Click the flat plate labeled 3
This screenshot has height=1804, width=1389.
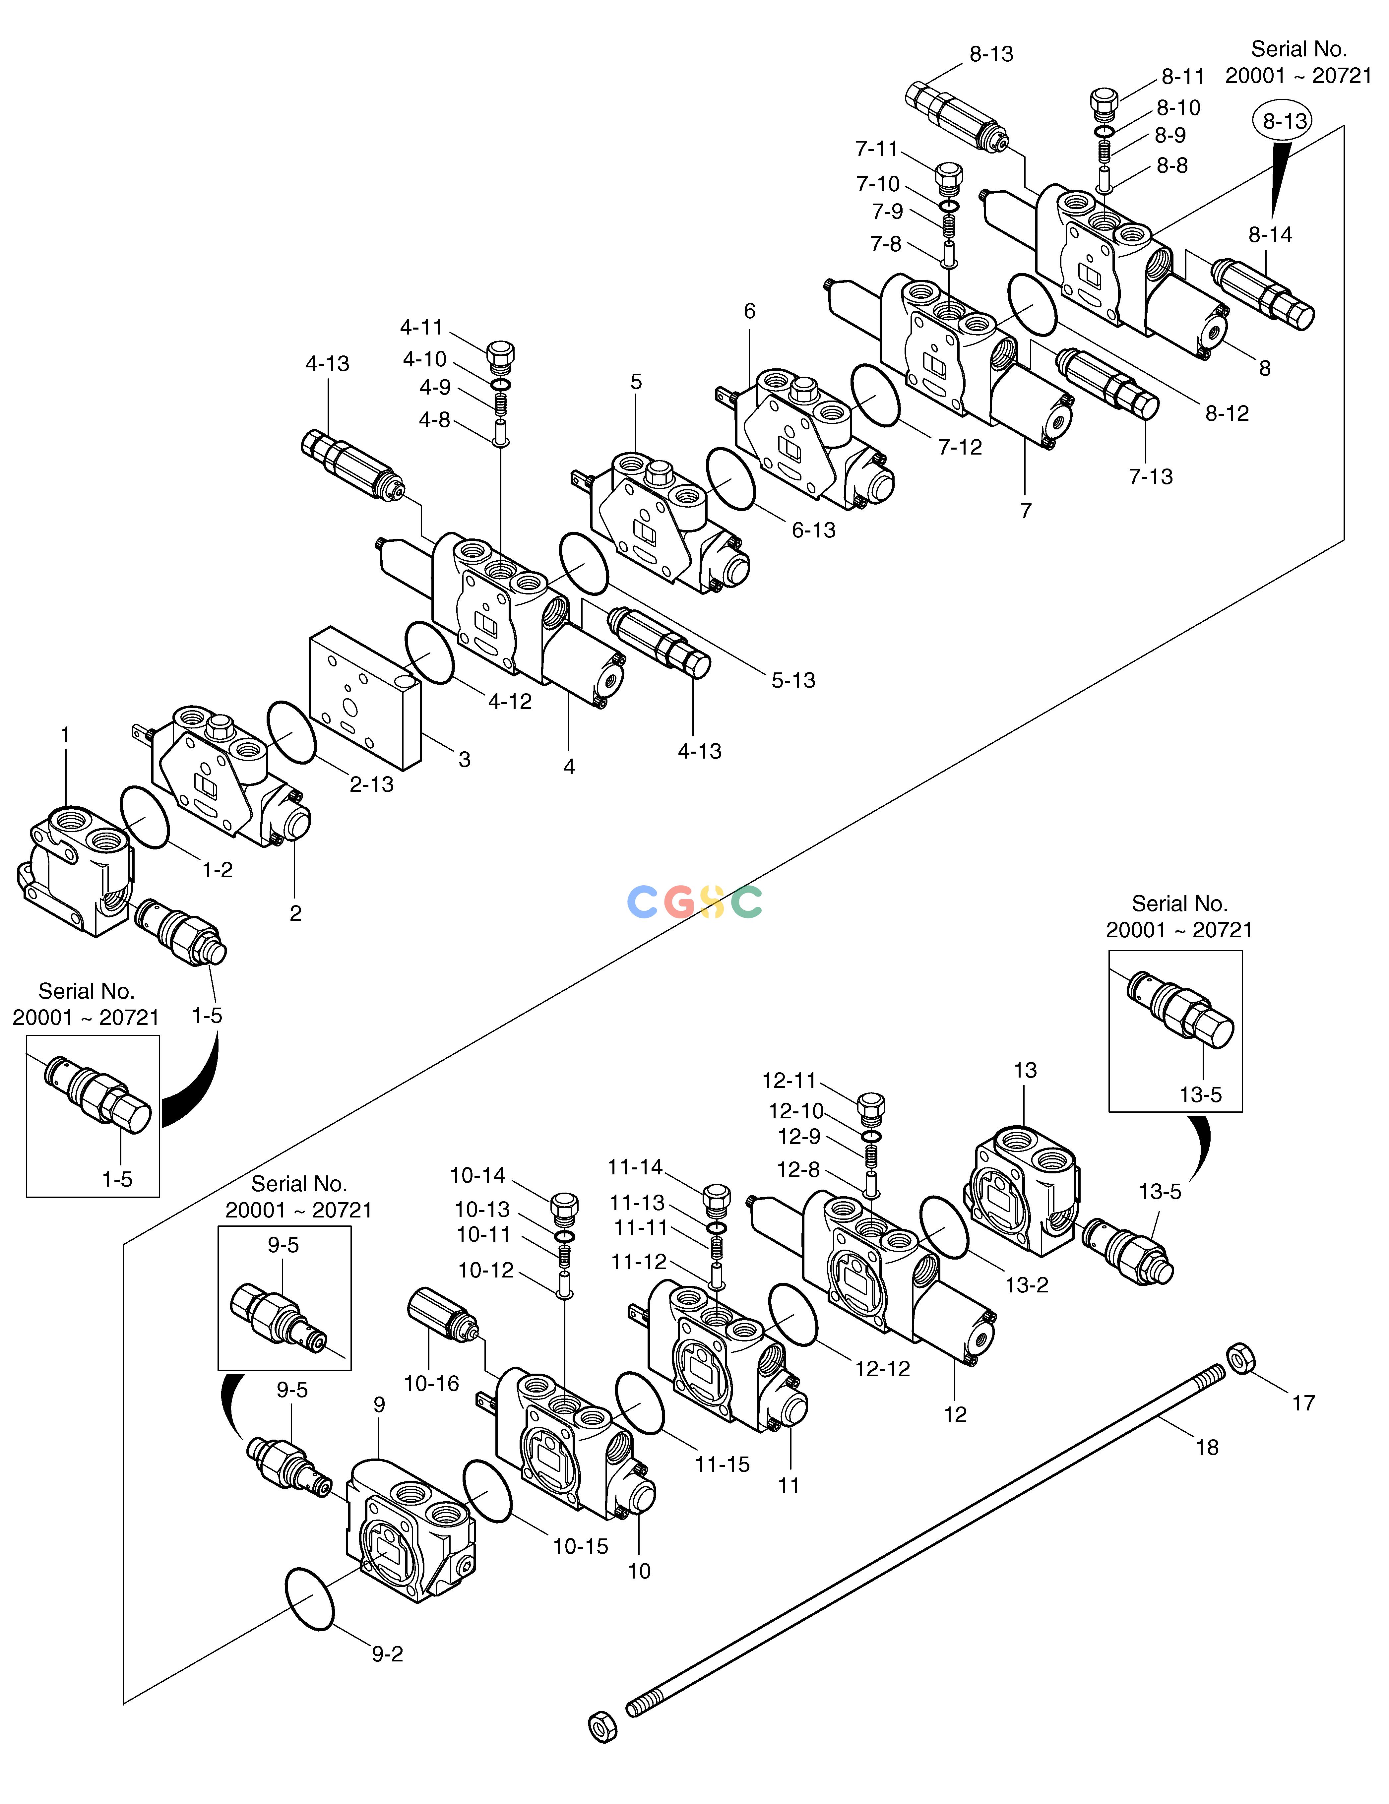coord(364,696)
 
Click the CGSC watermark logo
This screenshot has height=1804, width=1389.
coord(694,902)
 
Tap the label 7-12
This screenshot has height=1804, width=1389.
coord(960,447)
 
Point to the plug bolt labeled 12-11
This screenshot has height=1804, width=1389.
coord(872,1107)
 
